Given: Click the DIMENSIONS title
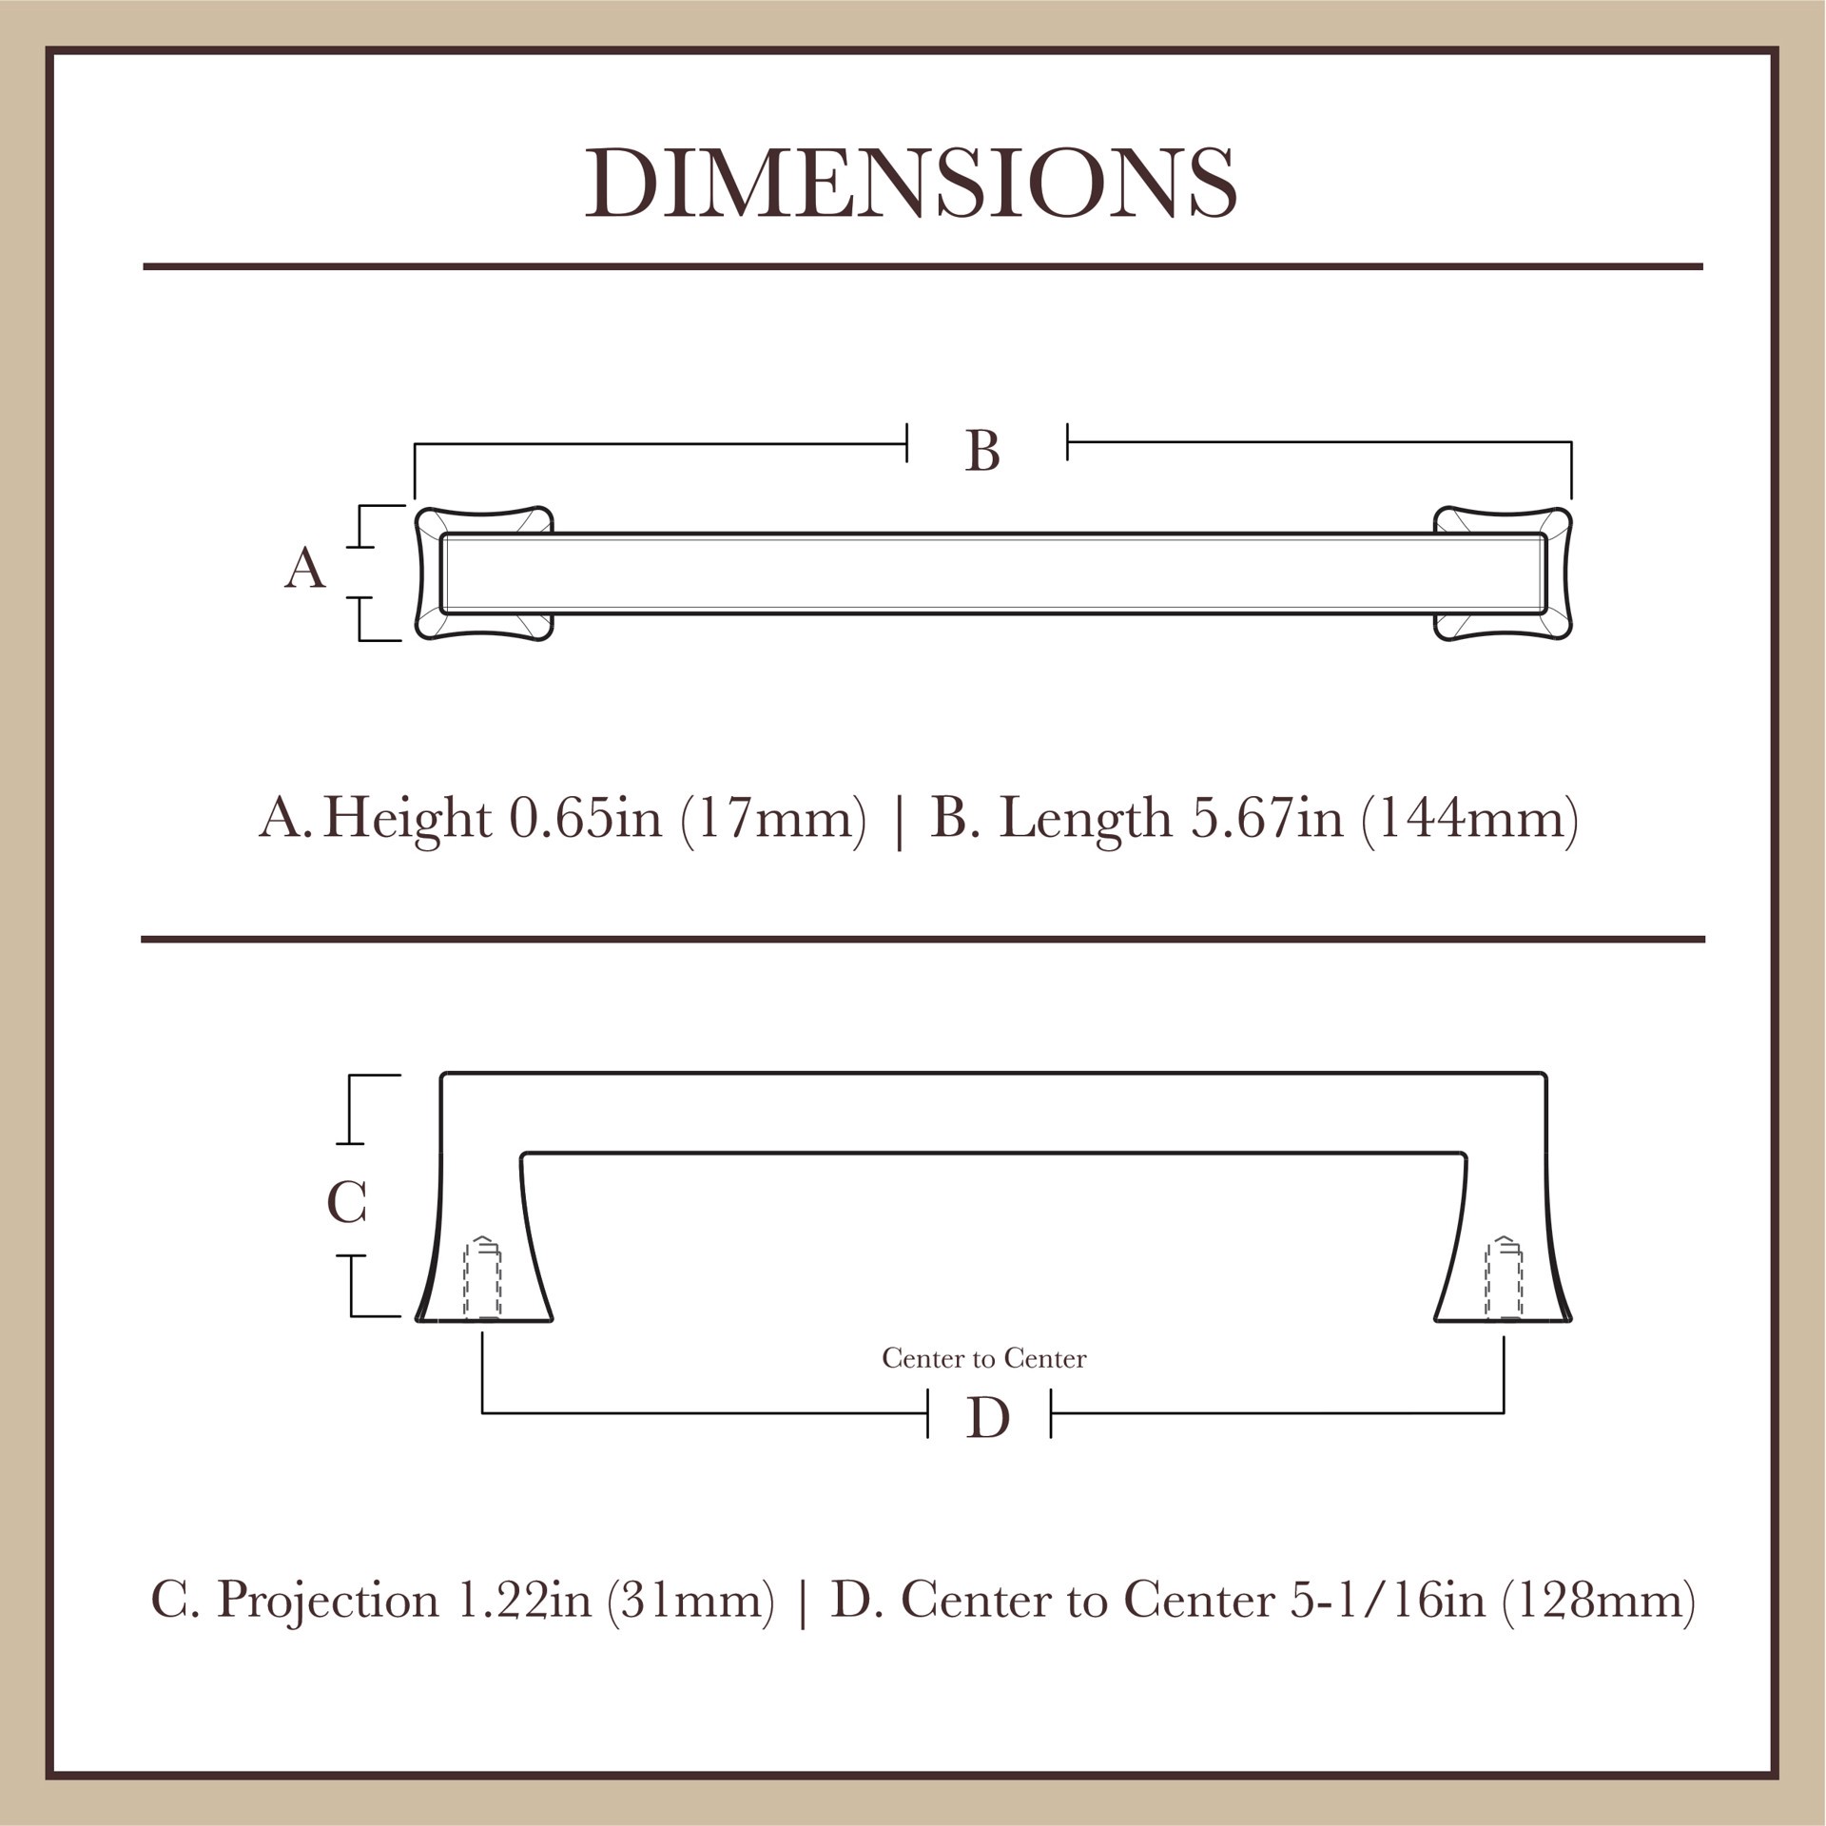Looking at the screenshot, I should (911, 184).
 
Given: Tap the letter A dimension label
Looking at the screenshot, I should (305, 569).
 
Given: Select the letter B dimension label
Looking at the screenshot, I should (982, 452).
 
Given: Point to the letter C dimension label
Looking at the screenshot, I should (346, 1203).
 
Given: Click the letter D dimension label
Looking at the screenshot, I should (987, 1419).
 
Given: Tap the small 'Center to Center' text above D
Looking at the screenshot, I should (983, 1359).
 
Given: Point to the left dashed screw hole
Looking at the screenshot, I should (482, 1279).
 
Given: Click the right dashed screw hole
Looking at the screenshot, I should (1504, 1279).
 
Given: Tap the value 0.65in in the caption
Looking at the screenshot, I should (585, 818).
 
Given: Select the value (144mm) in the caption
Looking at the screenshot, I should (1469, 818).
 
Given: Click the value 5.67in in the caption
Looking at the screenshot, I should (1266, 818).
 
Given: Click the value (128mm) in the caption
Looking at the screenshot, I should (1598, 1600).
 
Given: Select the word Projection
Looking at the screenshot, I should (328, 1602).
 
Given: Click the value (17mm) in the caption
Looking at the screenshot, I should (773, 818).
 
